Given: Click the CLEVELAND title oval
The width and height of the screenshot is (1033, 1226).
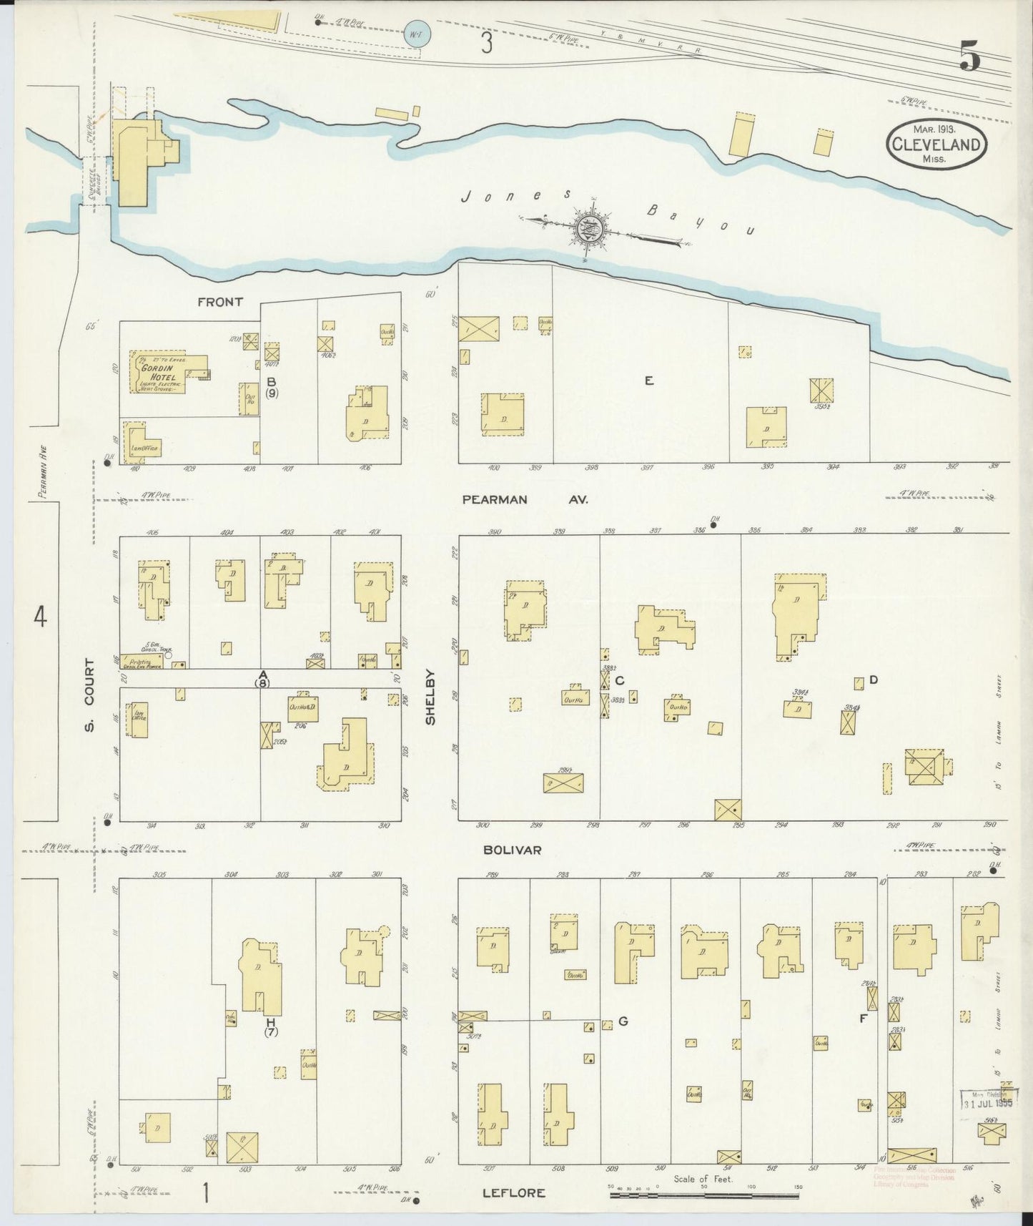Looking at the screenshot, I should tap(937, 144).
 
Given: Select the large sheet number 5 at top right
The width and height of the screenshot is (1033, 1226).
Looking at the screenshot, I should tap(970, 57).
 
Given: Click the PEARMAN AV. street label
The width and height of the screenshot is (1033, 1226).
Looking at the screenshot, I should tap(525, 500).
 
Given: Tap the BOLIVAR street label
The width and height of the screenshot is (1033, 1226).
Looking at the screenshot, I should tap(512, 850).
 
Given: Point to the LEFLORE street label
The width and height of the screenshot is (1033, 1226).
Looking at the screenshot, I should tap(513, 1192).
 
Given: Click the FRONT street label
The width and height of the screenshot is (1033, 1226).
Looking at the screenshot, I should tap(219, 302).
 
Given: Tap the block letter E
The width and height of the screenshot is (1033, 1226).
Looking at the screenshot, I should tap(648, 381).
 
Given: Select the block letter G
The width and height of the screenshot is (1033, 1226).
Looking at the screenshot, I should tap(623, 1021).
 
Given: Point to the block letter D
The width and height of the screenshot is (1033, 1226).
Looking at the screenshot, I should tap(873, 680).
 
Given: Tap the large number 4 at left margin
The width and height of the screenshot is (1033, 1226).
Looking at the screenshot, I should tap(41, 617).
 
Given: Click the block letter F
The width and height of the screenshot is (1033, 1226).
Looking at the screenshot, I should tap(863, 1019).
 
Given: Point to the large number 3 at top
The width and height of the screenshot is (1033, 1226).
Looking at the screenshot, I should tap(486, 44).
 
